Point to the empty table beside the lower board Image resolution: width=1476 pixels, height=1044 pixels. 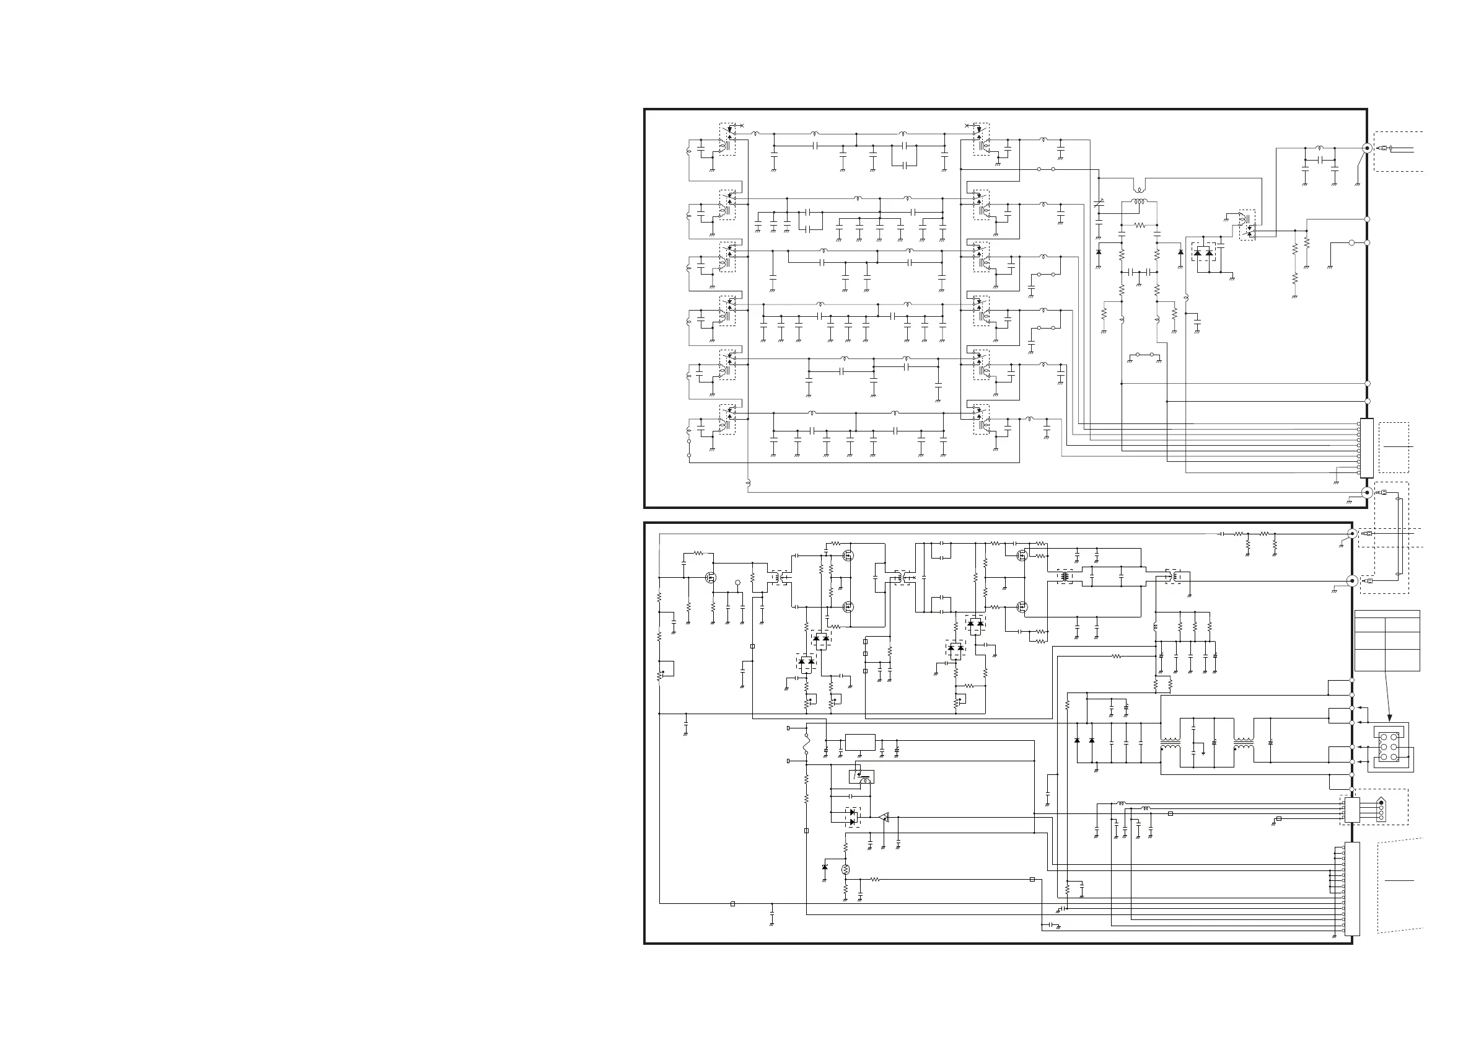1387,640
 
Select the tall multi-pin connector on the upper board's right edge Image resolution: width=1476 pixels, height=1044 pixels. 1367,448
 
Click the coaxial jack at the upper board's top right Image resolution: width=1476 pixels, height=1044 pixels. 1368,148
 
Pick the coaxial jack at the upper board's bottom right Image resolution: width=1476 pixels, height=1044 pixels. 1368,493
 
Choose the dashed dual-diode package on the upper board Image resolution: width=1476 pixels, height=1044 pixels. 1203,253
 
